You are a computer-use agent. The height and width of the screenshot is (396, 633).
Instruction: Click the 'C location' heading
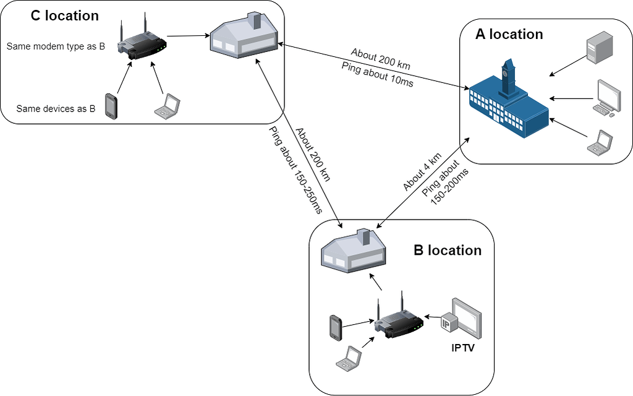64,16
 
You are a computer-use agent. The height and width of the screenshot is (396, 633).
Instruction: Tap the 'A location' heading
509,35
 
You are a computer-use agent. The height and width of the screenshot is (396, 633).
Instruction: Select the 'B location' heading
447,250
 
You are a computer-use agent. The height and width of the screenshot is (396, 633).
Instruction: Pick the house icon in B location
353,250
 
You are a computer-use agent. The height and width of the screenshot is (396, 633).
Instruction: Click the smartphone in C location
111,106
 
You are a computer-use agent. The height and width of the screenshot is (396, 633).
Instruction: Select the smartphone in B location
336,328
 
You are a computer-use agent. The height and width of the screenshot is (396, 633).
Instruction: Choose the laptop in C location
166,106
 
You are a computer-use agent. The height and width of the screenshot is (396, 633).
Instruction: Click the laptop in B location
348,359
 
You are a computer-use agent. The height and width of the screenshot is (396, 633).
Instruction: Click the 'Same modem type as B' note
56,46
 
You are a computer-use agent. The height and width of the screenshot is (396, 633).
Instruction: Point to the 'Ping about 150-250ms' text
295,170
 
